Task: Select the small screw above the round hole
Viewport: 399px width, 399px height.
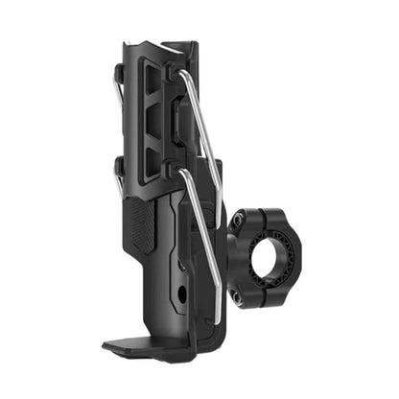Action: click(182, 263)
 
